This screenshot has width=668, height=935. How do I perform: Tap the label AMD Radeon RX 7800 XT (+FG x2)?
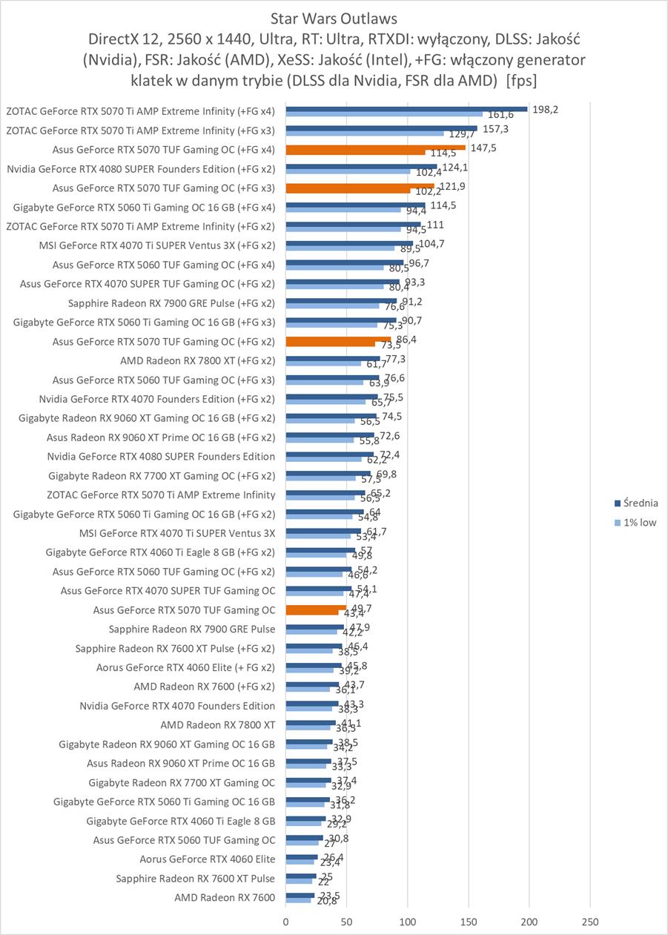[196, 360]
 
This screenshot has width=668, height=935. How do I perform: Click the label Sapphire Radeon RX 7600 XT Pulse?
[195, 879]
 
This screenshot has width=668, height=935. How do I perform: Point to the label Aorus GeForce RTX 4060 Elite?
[207, 859]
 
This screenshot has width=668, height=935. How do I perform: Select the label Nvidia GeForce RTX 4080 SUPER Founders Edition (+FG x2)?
[141, 168]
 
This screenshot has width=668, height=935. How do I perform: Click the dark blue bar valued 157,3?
[382, 128]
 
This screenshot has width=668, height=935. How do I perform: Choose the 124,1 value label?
[454, 167]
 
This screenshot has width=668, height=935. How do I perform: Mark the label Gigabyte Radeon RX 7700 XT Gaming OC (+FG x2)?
[162, 475]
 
